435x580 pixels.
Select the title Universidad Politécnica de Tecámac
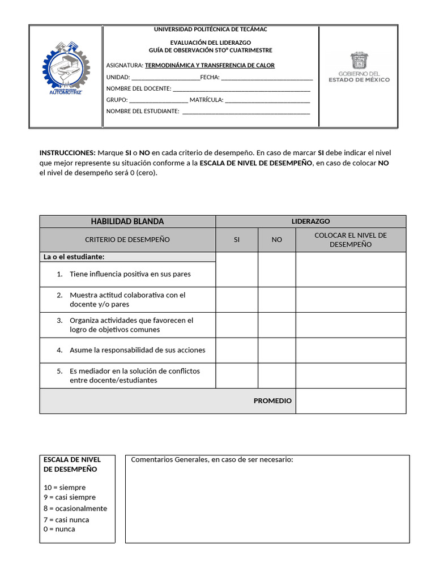coord(211,29)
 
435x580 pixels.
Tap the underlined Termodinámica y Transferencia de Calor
coord(210,65)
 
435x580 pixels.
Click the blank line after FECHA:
coord(267,78)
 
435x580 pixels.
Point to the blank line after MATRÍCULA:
coord(267,101)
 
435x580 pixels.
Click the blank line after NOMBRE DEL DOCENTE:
coord(241,89)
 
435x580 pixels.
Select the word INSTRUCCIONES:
coord(67,153)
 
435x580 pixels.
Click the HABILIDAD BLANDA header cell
coord(127,221)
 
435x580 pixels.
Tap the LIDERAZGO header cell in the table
coord(310,221)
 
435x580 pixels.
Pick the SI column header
coord(237,240)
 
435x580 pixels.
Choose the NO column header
coord(276,240)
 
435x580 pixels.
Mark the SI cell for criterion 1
coord(237,270)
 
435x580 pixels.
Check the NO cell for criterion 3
coord(276,325)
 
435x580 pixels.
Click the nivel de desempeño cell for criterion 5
coord(351,376)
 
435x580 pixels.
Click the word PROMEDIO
coord(272,401)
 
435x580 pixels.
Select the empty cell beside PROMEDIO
coord(351,401)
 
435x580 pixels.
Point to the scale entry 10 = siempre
coord(65,488)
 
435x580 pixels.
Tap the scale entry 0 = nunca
coord(59,529)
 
